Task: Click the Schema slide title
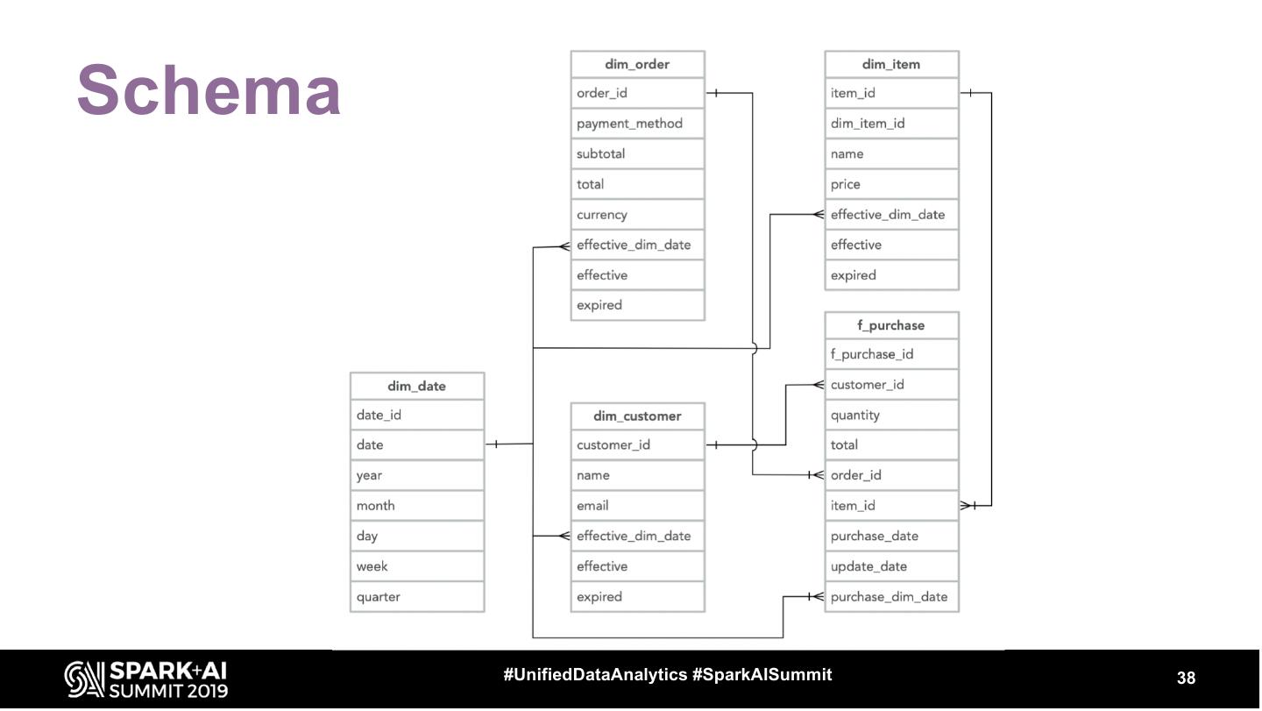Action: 209,90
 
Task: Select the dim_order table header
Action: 637,64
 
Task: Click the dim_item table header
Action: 891,64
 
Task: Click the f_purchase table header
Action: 891,325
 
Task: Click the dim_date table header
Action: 417,386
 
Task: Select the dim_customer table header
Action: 637,416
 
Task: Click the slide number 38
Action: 1186,678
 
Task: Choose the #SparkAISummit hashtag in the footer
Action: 762,674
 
